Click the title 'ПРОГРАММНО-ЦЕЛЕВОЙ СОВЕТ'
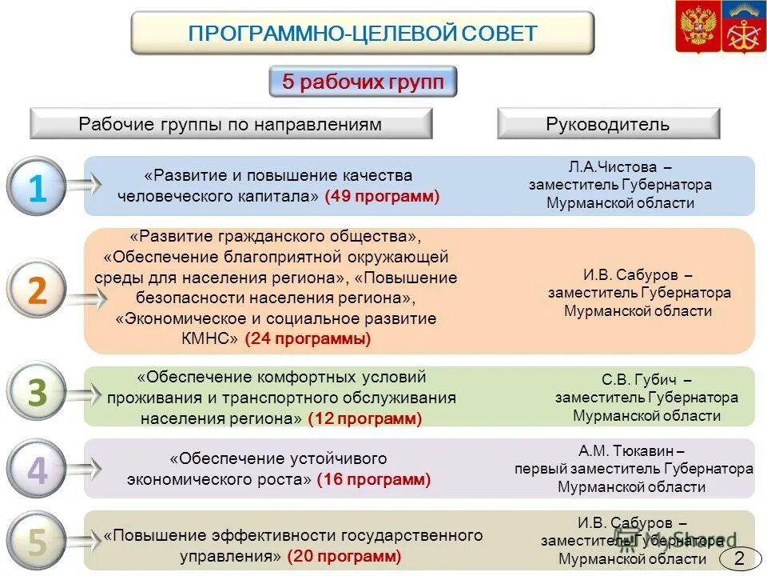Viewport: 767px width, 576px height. click(362, 33)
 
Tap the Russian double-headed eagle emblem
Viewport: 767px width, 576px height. click(697, 26)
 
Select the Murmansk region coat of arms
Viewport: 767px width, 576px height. click(744, 26)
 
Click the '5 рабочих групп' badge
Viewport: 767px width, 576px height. click(363, 82)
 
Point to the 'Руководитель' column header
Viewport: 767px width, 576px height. click(608, 124)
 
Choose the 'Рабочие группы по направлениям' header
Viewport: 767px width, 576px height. click(230, 124)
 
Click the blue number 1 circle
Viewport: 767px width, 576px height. click(36, 188)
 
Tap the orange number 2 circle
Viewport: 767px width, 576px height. click(37, 291)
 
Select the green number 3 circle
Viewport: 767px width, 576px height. click(37, 394)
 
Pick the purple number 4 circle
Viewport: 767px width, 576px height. click(37, 471)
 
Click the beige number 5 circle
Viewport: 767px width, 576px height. click(37, 542)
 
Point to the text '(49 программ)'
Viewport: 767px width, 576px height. click(382, 196)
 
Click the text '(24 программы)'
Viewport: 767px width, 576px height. click(308, 338)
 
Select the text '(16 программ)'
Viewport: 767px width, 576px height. click(373, 479)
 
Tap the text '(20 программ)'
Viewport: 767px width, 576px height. click(344, 555)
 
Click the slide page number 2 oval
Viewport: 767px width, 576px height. click(739, 559)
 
